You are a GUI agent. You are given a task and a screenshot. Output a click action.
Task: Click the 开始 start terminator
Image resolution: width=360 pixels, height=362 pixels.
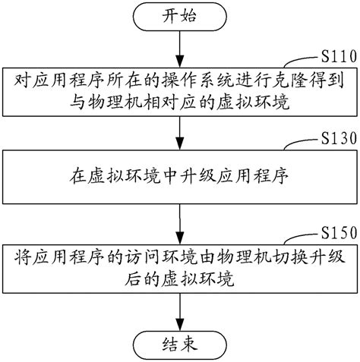click(179, 15)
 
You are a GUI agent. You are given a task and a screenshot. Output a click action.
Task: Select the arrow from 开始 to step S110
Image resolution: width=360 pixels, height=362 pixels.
click(179, 47)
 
